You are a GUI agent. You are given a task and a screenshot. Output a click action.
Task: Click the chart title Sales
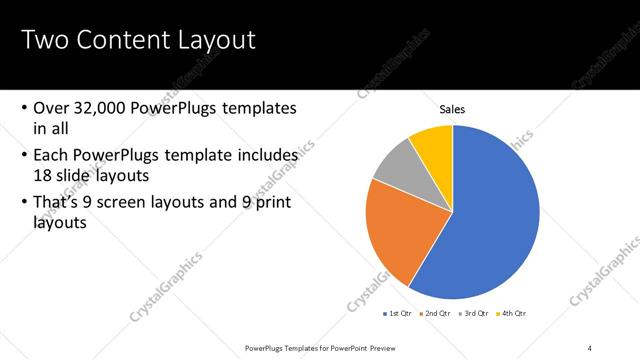pos(453,109)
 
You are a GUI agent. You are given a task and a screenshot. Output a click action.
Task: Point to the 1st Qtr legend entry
pos(399,313)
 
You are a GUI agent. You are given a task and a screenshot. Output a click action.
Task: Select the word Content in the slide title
pos(121,41)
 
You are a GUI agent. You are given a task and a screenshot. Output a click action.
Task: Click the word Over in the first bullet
pos(50,108)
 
